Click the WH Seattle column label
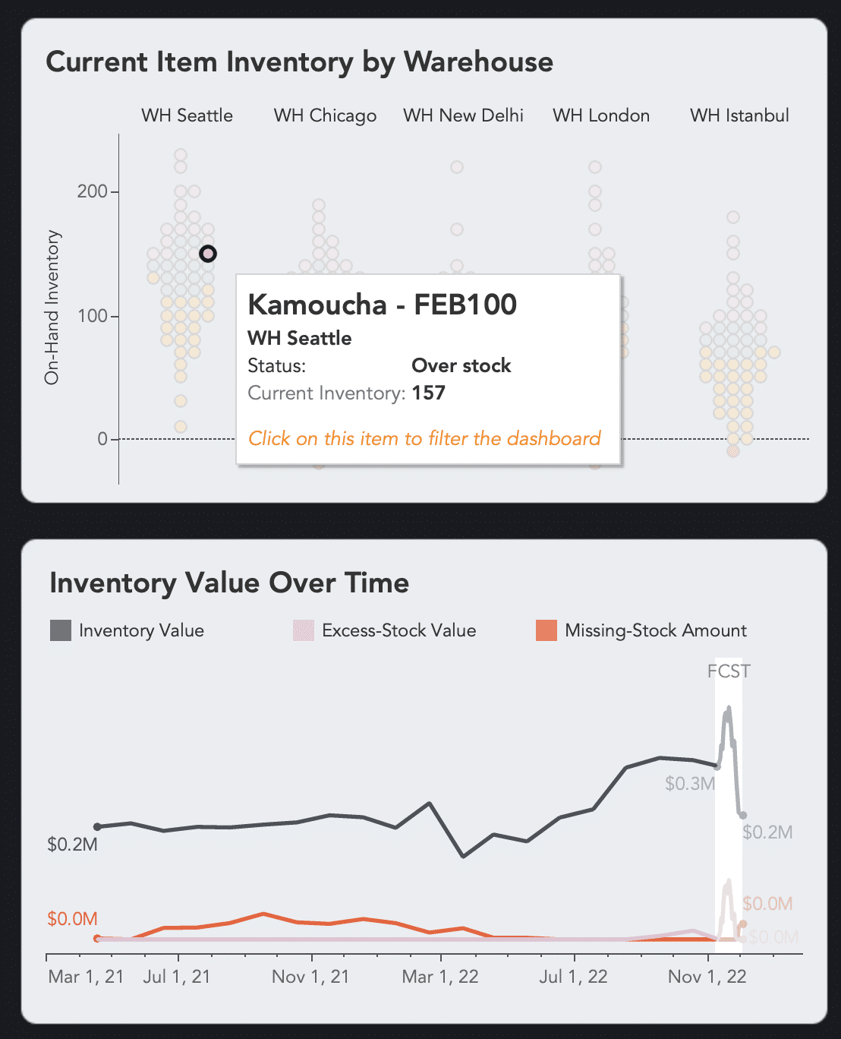tap(187, 115)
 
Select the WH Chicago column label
tap(325, 115)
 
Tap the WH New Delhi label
tap(463, 115)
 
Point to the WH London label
tap(601, 115)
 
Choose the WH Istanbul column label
tap(739, 115)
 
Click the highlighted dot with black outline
tap(208, 254)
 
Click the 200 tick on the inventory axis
tap(92, 191)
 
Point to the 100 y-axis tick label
tap(92, 316)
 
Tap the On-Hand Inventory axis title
tap(52, 308)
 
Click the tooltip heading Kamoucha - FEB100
tap(382, 305)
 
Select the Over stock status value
tap(461, 365)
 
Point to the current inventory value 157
tap(428, 393)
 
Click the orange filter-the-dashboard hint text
tap(424, 438)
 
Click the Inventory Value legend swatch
tap(60, 630)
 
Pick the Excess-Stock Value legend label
tap(398, 630)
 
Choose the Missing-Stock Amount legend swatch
tap(546, 630)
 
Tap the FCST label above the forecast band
tap(729, 671)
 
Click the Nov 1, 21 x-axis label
tap(310, 977)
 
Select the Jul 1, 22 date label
tap(573, 977)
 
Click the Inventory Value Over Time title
tap(229, 583)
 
